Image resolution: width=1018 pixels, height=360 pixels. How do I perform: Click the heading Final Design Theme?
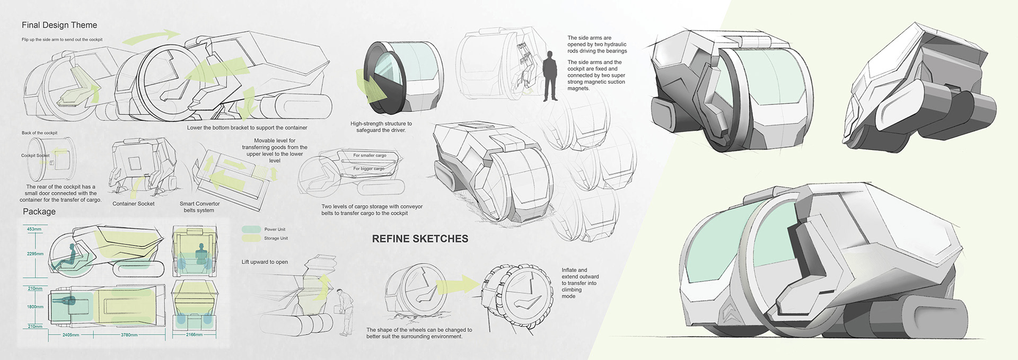pos(59,25)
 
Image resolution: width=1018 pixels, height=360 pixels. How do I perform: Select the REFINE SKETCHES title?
pos(420,239)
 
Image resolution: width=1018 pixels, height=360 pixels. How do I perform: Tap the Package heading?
pos(39,212)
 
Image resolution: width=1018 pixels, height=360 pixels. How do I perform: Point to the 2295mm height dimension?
pos(35,254)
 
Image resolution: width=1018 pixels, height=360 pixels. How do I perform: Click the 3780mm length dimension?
pos(129,335)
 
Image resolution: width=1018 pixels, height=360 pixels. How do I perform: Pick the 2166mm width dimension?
pos(194,335)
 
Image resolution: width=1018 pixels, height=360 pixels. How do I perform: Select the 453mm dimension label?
pos(34,230)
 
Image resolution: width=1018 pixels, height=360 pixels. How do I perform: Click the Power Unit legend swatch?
pos(251,230)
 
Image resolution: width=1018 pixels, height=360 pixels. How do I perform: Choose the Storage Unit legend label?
pos(276,239)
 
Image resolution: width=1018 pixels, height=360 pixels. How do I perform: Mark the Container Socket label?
pos(134,204)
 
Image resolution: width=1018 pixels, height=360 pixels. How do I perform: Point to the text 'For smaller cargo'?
pos(370,155)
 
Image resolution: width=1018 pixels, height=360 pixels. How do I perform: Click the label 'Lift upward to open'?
pos(265,262)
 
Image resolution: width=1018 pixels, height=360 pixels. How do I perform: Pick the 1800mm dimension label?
pos(35,307)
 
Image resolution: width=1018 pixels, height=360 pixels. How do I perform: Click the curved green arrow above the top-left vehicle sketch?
pos(150,38)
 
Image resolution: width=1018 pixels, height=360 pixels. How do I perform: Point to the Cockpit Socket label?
pos(35,155)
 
